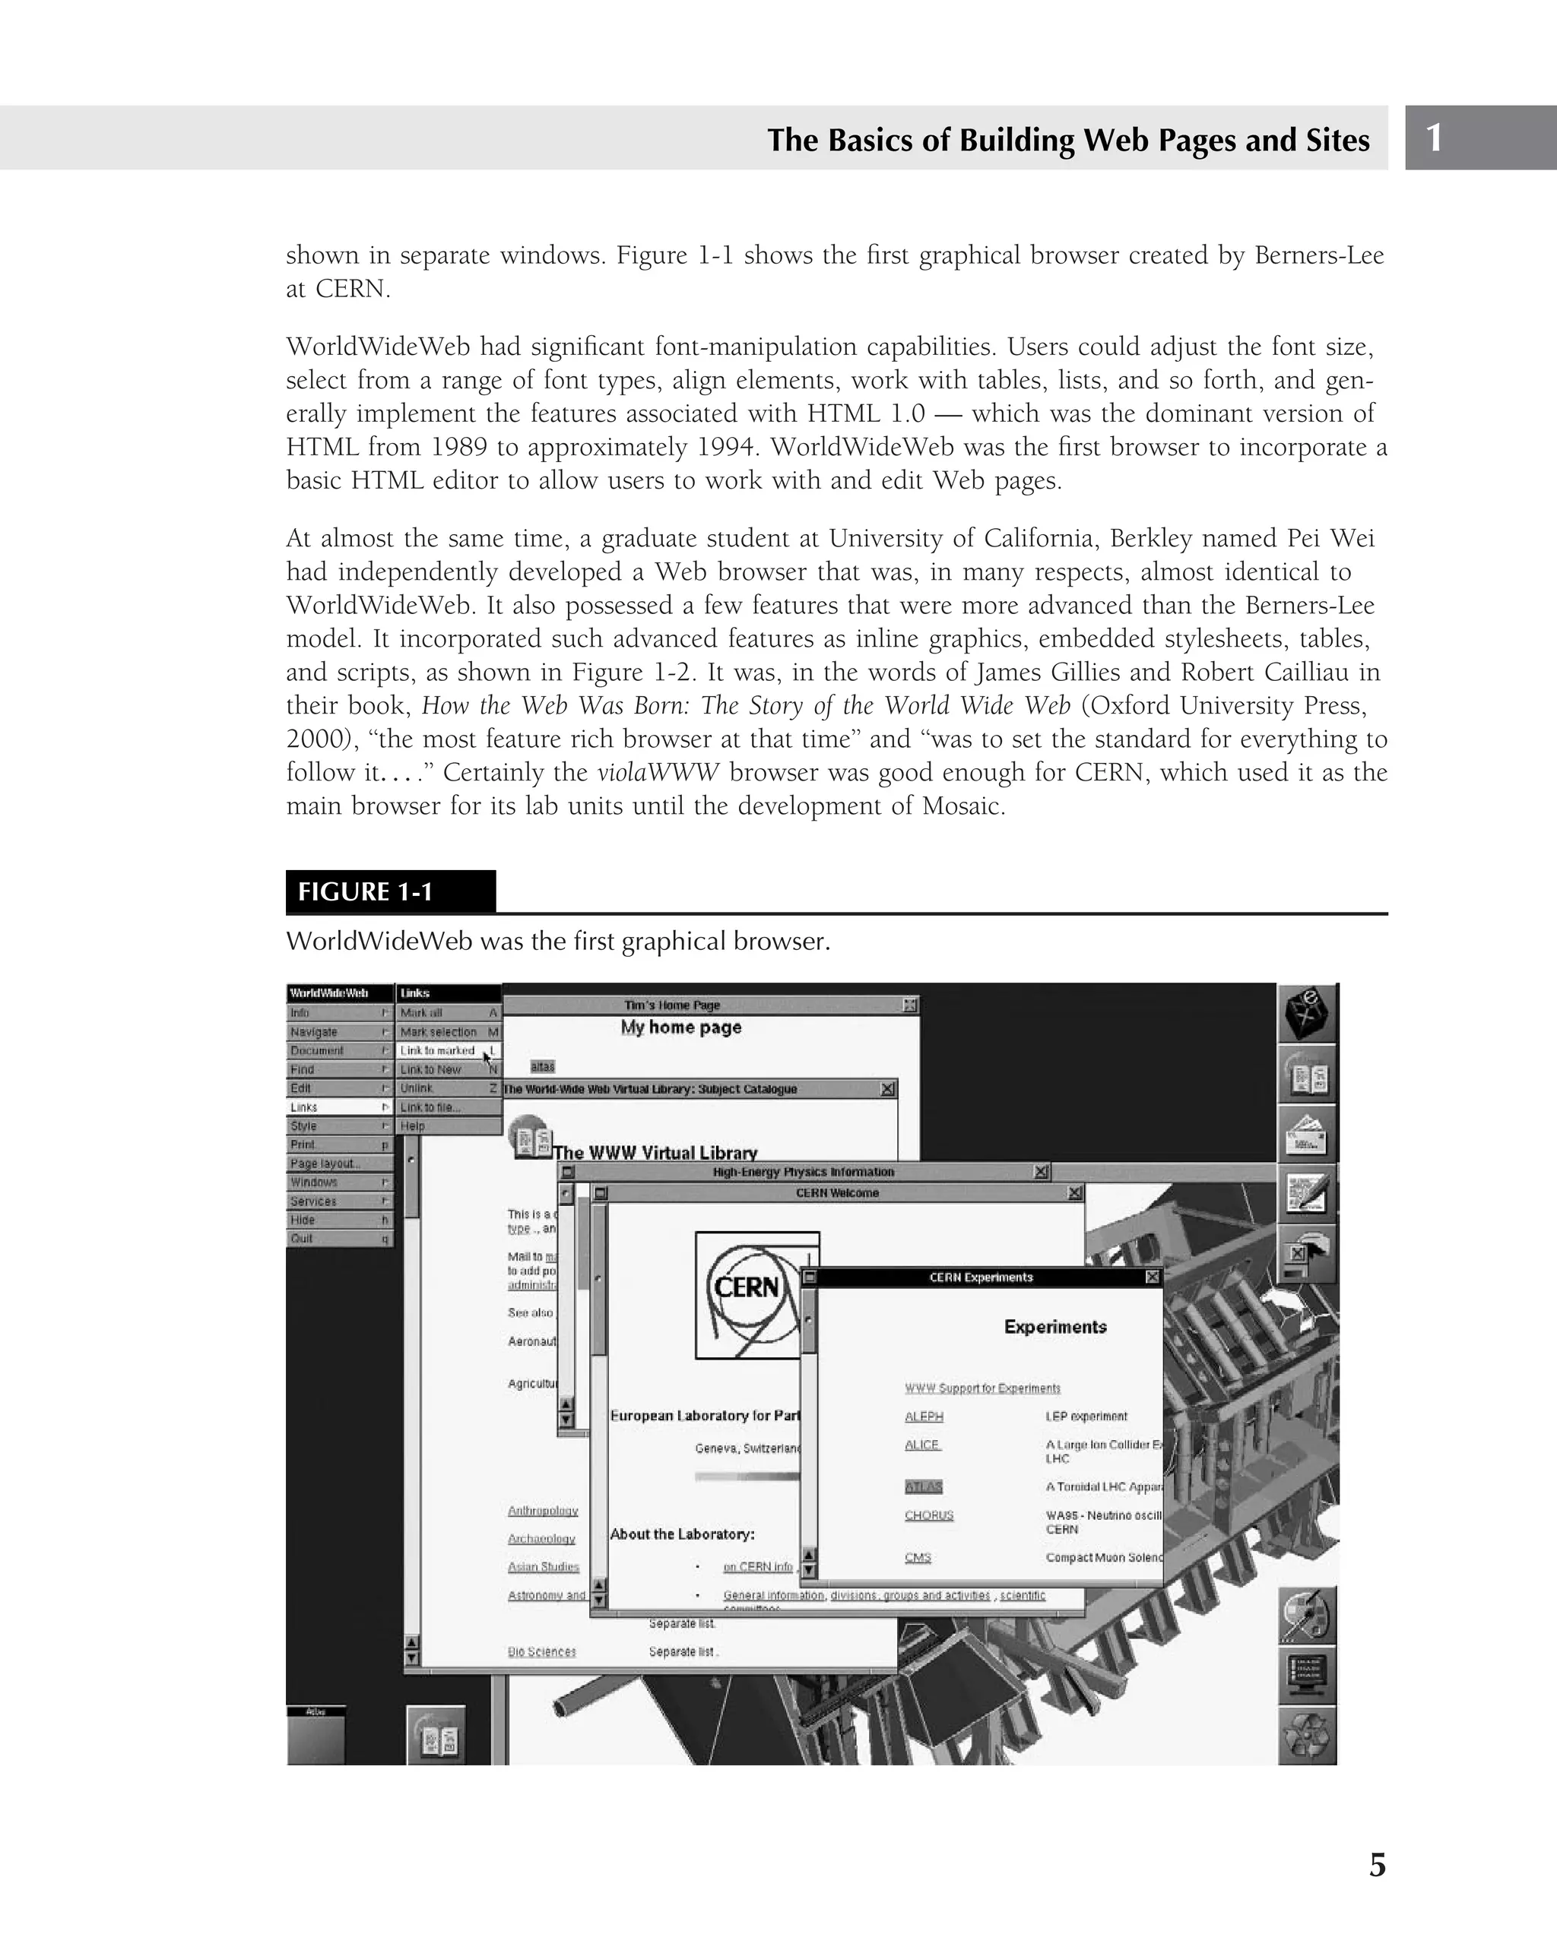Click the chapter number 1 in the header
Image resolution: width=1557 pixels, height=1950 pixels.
1434,138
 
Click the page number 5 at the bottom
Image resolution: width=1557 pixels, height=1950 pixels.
1376,1864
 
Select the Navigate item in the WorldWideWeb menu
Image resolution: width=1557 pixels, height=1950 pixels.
315,1032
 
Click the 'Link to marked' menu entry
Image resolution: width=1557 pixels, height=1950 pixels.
438,1051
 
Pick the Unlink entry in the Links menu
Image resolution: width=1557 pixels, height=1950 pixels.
417,1088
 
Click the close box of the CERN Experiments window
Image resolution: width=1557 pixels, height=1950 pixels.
1152,1277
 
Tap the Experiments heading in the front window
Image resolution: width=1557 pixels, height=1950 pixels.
1055,1327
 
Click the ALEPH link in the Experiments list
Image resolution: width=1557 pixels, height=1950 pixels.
924,1417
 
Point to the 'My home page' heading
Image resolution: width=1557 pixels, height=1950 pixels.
680,1027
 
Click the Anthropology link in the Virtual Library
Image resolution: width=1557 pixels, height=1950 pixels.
543,1511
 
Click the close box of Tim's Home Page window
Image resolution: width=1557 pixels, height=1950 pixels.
910,1005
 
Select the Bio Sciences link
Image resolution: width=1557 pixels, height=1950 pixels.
541,1651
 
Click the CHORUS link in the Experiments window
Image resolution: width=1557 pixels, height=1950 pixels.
929,1515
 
